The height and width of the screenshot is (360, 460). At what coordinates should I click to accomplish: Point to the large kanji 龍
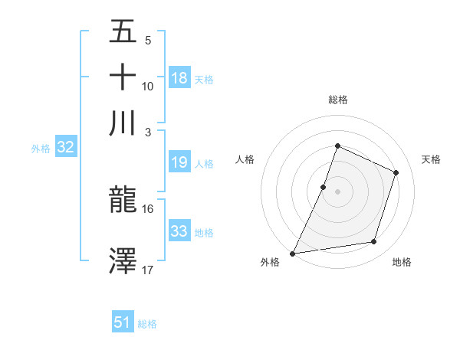(123, 201)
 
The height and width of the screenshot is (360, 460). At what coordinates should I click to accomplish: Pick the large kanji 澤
(123, 260)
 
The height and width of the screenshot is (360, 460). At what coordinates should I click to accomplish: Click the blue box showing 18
(179, 78)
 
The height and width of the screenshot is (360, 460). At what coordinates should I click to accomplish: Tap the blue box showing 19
(179, 163)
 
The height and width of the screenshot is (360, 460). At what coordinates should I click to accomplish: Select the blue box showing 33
(179, 232)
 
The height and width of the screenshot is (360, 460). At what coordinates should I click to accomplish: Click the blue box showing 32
(65, 148)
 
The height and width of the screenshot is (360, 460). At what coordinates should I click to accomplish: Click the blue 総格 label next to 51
(147, 324)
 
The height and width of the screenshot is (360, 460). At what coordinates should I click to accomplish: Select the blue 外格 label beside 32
(41, 149)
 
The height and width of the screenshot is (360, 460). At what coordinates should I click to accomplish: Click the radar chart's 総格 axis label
(337, 100)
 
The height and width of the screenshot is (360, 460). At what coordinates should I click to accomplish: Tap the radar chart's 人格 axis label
(245, 159)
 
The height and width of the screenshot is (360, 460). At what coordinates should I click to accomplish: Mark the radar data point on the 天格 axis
(396, 172)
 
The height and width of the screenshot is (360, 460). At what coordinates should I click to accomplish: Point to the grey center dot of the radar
(337, 191)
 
